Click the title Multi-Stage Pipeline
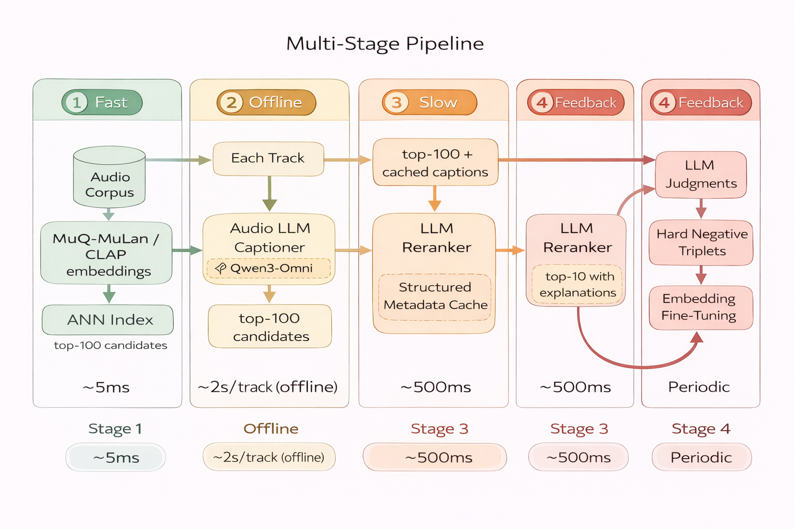click(385, 43)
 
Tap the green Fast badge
click(102, 102)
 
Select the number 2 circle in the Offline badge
click(231, 102)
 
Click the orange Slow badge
click(429, 102)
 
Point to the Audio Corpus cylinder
click(109, 178)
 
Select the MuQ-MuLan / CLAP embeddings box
click(106, 254)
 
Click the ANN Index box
click(108, 320)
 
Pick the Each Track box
click(268, 159)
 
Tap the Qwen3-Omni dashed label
click(268, 268)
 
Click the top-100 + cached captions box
click(435, 162)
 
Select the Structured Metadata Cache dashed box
click(435, 297)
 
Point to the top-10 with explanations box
click(577, 285)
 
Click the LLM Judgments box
click(700, 175)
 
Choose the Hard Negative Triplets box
click(701, 243)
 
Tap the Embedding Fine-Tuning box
click(700, 307)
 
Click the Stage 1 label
click(115, 429)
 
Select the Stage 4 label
click(700, 429)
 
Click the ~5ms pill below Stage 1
click(116, 458)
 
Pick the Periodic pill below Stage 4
click(701, 457)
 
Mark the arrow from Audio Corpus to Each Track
click(178, 160)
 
